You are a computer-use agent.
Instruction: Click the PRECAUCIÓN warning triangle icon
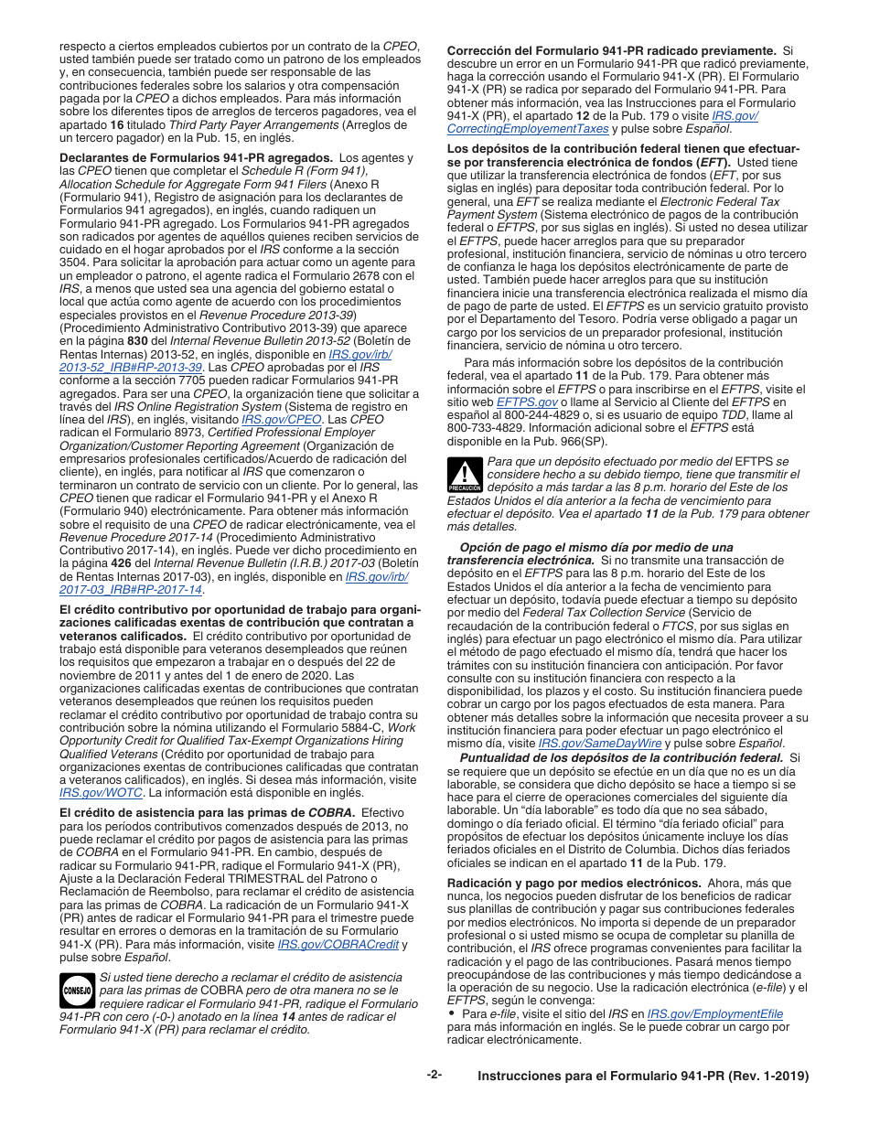click(464, 476)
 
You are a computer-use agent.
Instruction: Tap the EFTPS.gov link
click(527, 402)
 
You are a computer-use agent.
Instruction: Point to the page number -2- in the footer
click(434, 1075)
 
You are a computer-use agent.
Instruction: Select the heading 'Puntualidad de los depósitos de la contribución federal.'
click(622, 757)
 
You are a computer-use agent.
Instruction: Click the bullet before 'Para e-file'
click(452, 1014)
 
